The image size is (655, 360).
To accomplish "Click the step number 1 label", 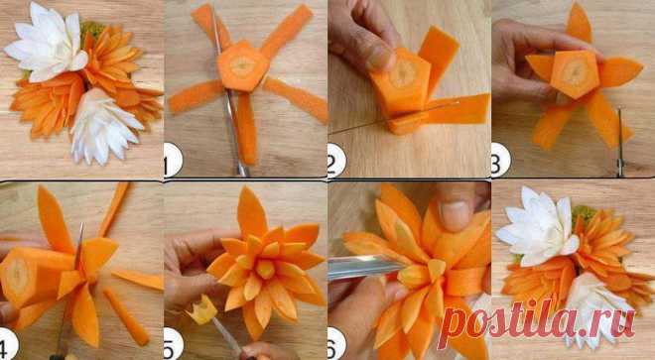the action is (x=173, y=159).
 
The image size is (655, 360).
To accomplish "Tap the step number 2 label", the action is (x=336, y=160).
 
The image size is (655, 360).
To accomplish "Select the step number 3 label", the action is (x=500, y=160).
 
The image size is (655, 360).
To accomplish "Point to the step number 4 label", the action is (x=8, y=344).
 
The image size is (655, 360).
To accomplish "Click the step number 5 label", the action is (x=173, y=344).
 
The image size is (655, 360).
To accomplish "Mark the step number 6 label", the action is (x=336, y=344).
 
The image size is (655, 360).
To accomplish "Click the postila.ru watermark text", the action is (x=538, y=322).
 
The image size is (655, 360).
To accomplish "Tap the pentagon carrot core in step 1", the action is (x=243, y=66).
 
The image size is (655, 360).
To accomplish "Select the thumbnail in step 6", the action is (x=456, y=213).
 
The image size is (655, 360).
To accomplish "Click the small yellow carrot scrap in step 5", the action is (x=203, y=309).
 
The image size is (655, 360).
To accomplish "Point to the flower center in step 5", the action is (x=265, y=269).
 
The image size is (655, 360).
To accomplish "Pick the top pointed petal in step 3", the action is (x=579, y=23).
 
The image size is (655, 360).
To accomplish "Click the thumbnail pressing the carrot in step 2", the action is (x=378, y=59).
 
